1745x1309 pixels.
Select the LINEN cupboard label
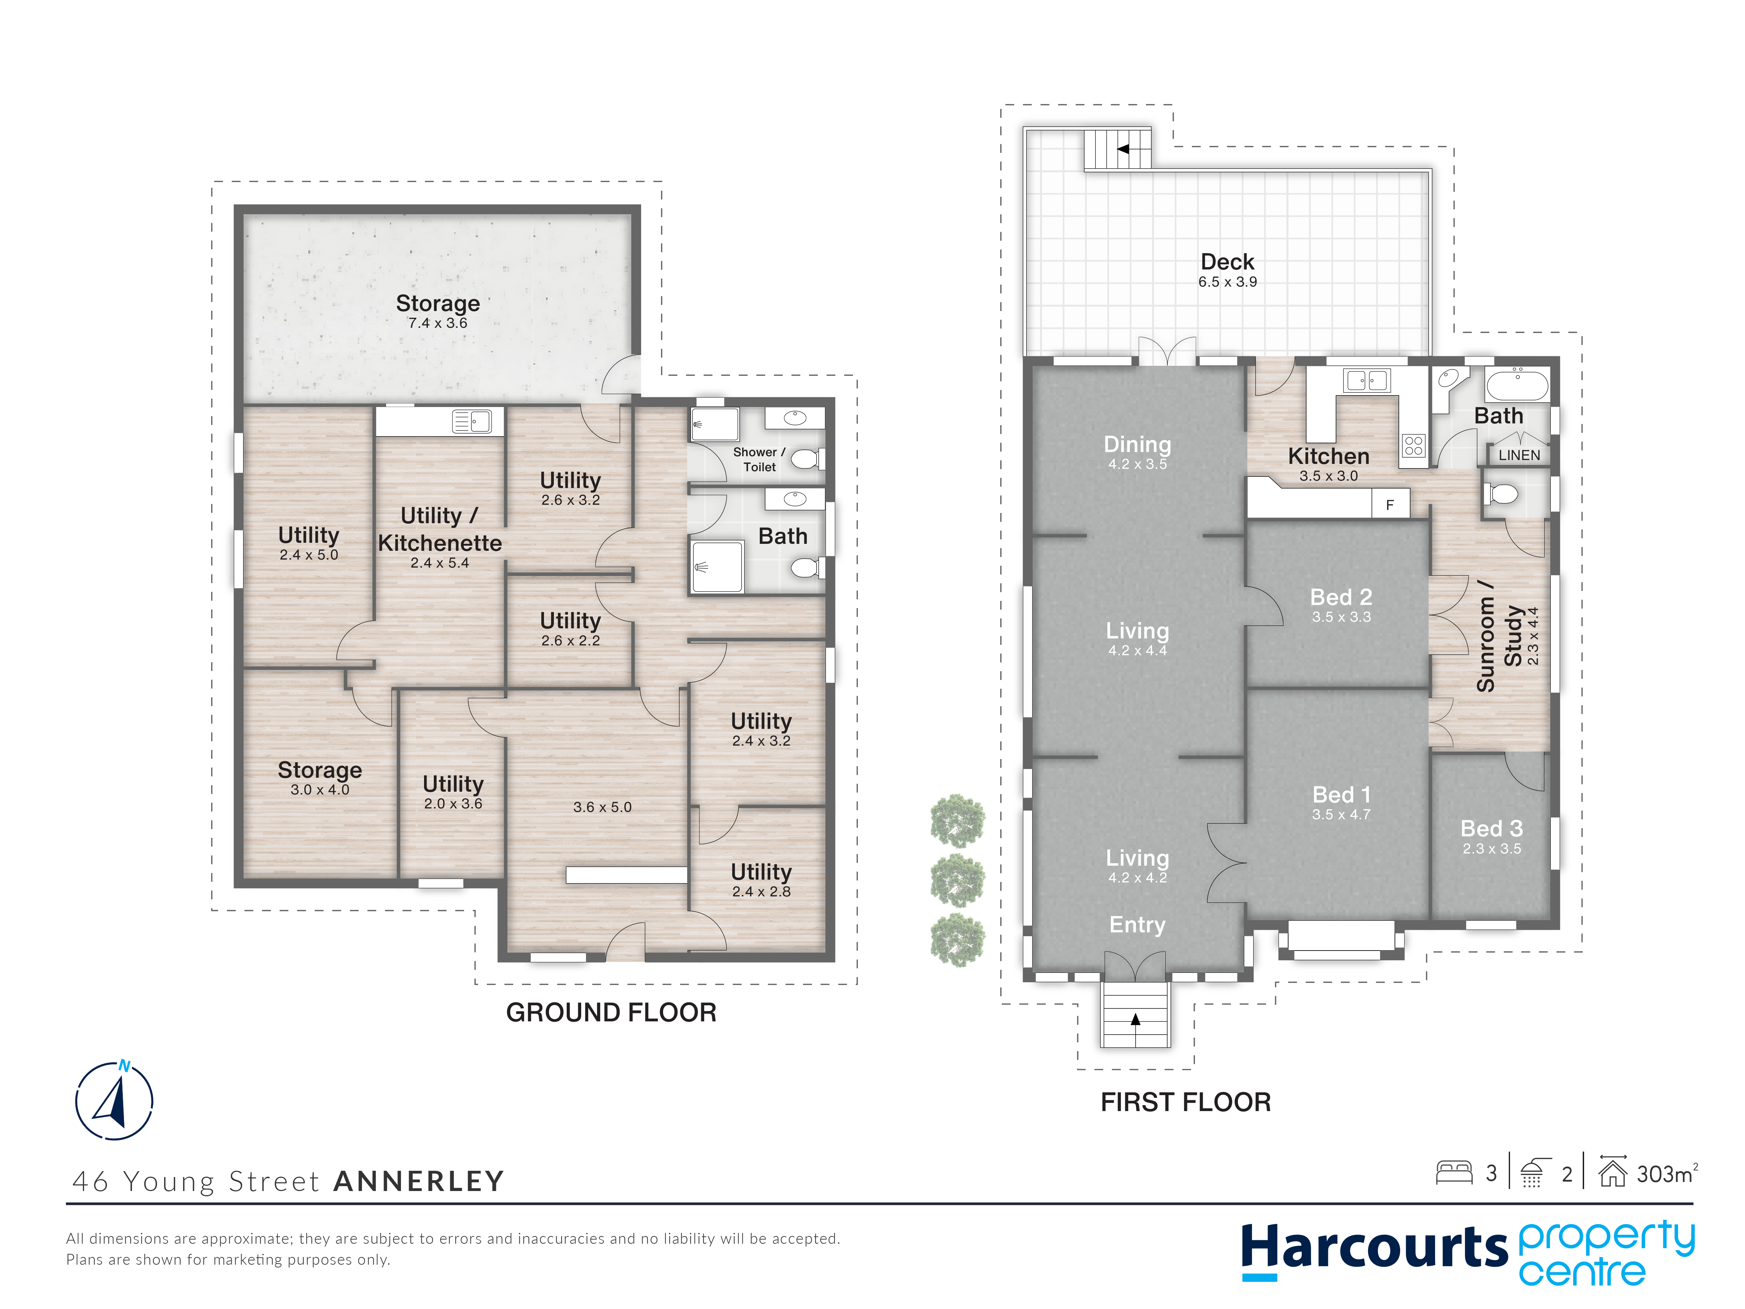coord(1518,455)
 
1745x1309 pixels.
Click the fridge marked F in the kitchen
coord(1390,504)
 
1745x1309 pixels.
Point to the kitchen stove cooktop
coord(1414,446)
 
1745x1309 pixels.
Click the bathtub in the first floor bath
coord(1517,385)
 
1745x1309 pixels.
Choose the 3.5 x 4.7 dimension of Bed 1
coord(1341,814)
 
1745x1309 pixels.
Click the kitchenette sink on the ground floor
coord(472,421)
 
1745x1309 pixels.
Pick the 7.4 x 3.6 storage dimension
coord(438,323)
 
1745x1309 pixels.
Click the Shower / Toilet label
coord(759,459)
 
